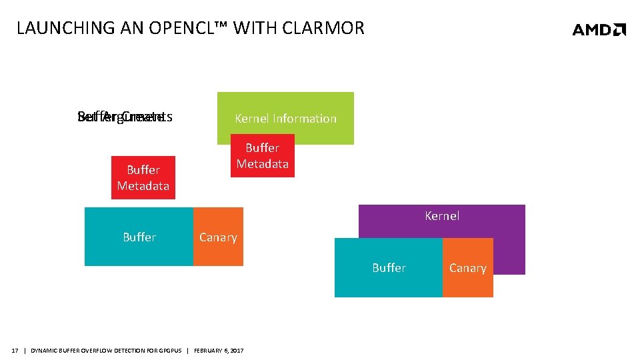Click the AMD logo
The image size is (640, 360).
pyautogui.click(x=599, y=29)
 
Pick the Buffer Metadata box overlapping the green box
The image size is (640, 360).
pyautogui.click(x=262, y=156)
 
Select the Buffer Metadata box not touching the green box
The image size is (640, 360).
pyautogui.click(x=143, y=178)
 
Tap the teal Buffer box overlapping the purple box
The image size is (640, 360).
pyautogui.click(x=389, y=268)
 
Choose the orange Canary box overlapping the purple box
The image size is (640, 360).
pyautogui.click(x=467, y=268)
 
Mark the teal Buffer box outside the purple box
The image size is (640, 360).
pyautogui.click(x=139, y=237)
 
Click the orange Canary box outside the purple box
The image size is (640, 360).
pyautogui.click(x=218, y=237)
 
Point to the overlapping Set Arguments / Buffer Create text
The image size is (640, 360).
pyautogui.click(x=125, y=117)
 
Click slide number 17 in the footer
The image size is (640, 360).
pyautogui.click(x=15, y=351)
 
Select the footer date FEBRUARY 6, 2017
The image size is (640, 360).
pyautogui.click(x=219, y=351)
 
